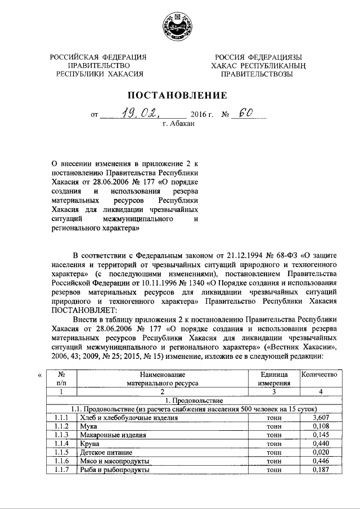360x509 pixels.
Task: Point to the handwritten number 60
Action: click(x=245, y=114)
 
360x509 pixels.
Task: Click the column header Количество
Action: click(x=319, y=375)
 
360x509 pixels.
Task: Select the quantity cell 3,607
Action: click(x=319, y=418)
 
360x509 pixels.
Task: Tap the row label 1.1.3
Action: click(x=61, y=435)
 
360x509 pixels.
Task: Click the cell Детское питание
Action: click(x=106, y=452)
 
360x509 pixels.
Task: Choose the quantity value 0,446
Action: click(x=319, y=461)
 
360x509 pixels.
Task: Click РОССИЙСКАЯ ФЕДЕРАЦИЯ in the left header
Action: click(x=99, y=57)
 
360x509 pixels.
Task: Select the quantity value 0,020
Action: click(x=319, y=452)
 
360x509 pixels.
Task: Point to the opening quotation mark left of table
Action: click(x=39, y=375)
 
